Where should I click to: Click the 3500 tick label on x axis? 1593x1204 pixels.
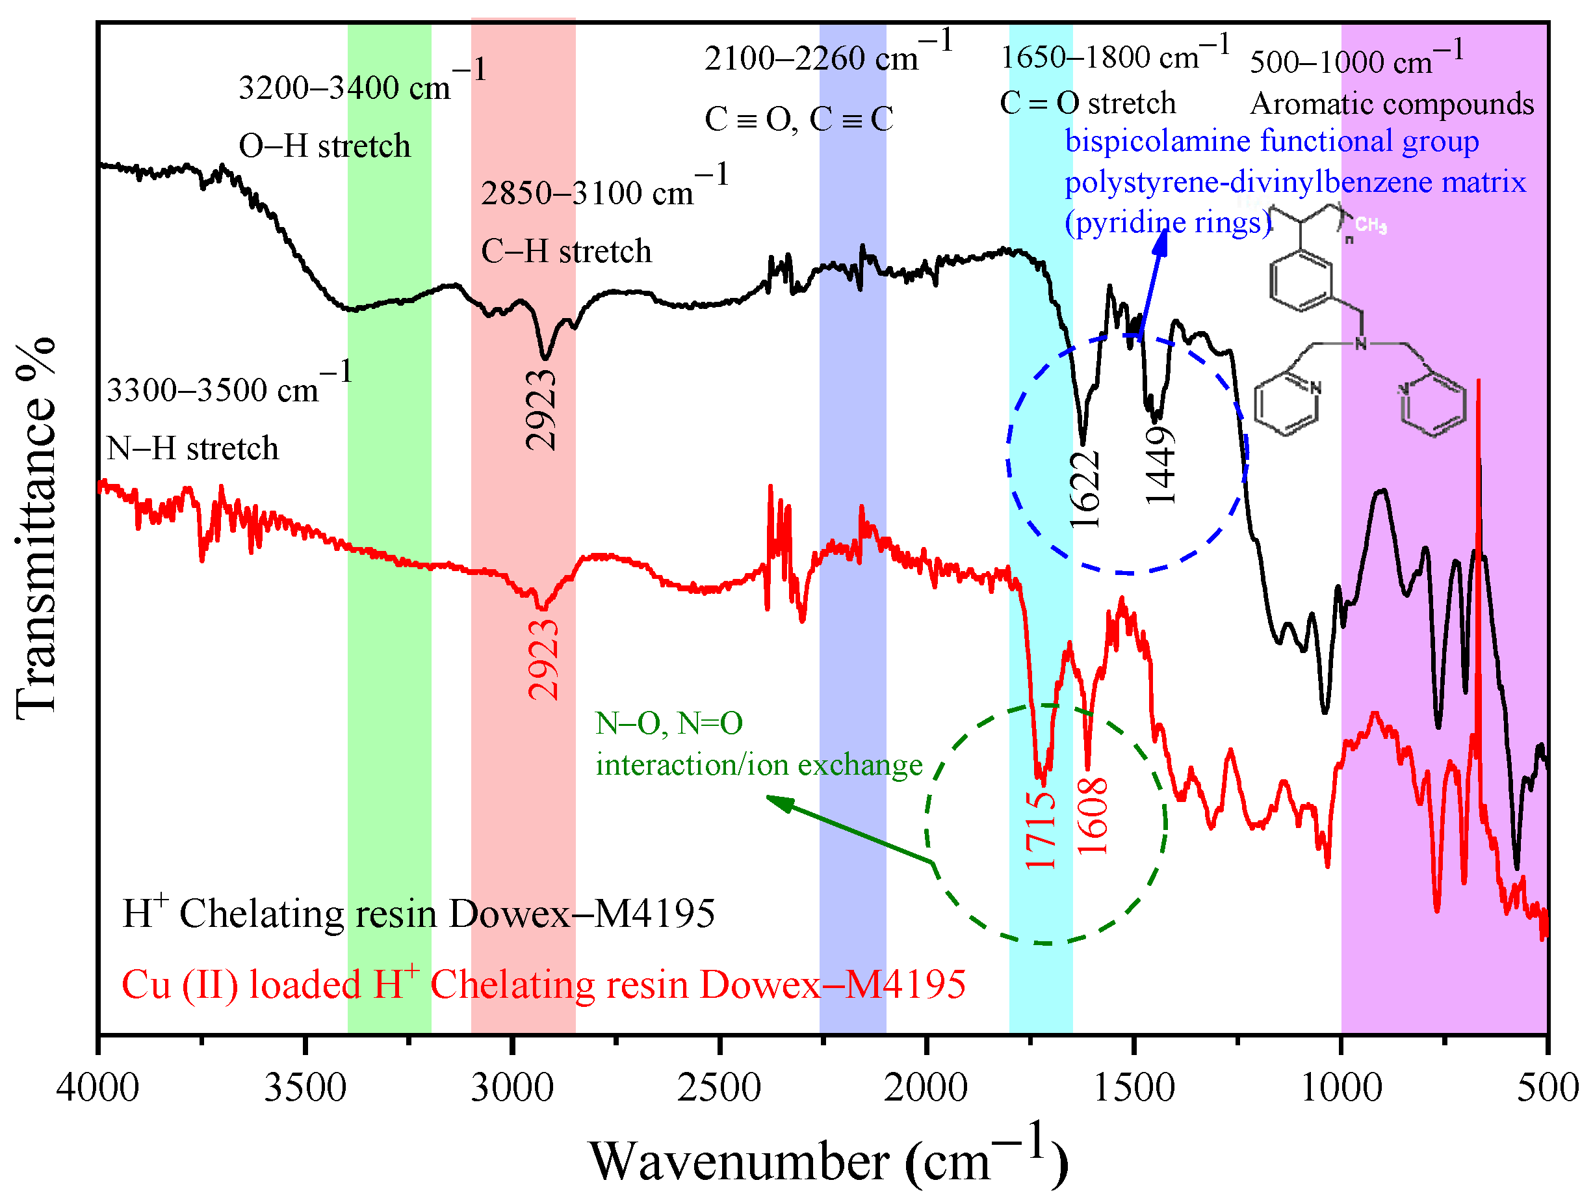click(305, 1088)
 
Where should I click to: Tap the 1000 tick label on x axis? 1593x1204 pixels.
click(1341, 1088)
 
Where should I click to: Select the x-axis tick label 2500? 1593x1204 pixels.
click(719, 1088)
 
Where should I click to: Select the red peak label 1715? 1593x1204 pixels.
click(1041, 829)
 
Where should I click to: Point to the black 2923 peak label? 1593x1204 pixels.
click(541, 410)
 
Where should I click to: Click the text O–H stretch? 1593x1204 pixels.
click(324, 146)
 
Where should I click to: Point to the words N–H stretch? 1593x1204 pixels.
click(192, 449)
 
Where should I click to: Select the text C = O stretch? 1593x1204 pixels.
click(1087, 103)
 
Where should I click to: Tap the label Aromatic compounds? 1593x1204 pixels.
click(1392, 105)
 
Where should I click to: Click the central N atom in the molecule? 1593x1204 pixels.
click(1360, 343)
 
